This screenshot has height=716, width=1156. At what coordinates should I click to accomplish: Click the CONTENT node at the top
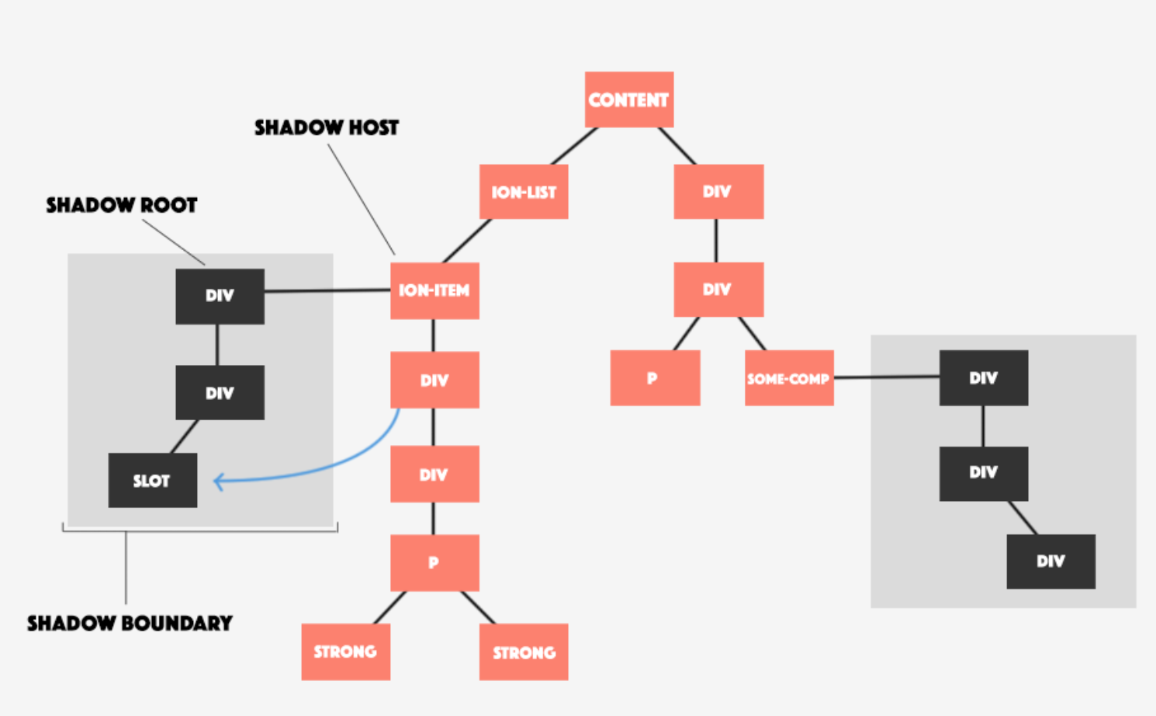tap(628, 99)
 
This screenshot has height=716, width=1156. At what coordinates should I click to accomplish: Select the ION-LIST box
tap(524, 192)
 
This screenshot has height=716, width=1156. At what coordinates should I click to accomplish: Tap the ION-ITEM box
tap(434, 290)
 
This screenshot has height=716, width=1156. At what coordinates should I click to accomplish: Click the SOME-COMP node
tap(789, 378)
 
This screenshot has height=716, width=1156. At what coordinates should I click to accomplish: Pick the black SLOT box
tap(153, 480)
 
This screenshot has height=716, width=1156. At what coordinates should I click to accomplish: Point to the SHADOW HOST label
tap(327, 127)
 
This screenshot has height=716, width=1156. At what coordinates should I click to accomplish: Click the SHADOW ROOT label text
tap(122, 205)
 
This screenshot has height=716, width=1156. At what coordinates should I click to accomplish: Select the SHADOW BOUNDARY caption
tap(130, 623)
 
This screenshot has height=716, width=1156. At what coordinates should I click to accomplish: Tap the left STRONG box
tap(345, 652)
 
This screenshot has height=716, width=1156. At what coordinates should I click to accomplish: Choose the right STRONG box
tap(524, 652)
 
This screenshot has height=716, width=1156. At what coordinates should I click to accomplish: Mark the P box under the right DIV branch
tap(655, 378)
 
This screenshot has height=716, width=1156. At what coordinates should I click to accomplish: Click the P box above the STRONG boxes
tap(434, 562)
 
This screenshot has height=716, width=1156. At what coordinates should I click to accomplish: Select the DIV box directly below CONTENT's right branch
tap(718, 192)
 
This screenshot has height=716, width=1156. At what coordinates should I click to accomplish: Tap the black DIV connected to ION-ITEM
tap(220, 296)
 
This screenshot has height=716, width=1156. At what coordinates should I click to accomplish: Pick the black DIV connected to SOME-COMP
tap(984, 378)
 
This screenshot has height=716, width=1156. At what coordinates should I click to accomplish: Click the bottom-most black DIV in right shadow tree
tap(1050, 561)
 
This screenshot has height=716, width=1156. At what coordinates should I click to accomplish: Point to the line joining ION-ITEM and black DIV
tap(327, 291)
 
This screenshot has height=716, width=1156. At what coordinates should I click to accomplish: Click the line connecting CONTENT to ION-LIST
tap(574, 146)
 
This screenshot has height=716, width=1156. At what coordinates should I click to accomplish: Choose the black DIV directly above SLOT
tap(220, 393)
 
